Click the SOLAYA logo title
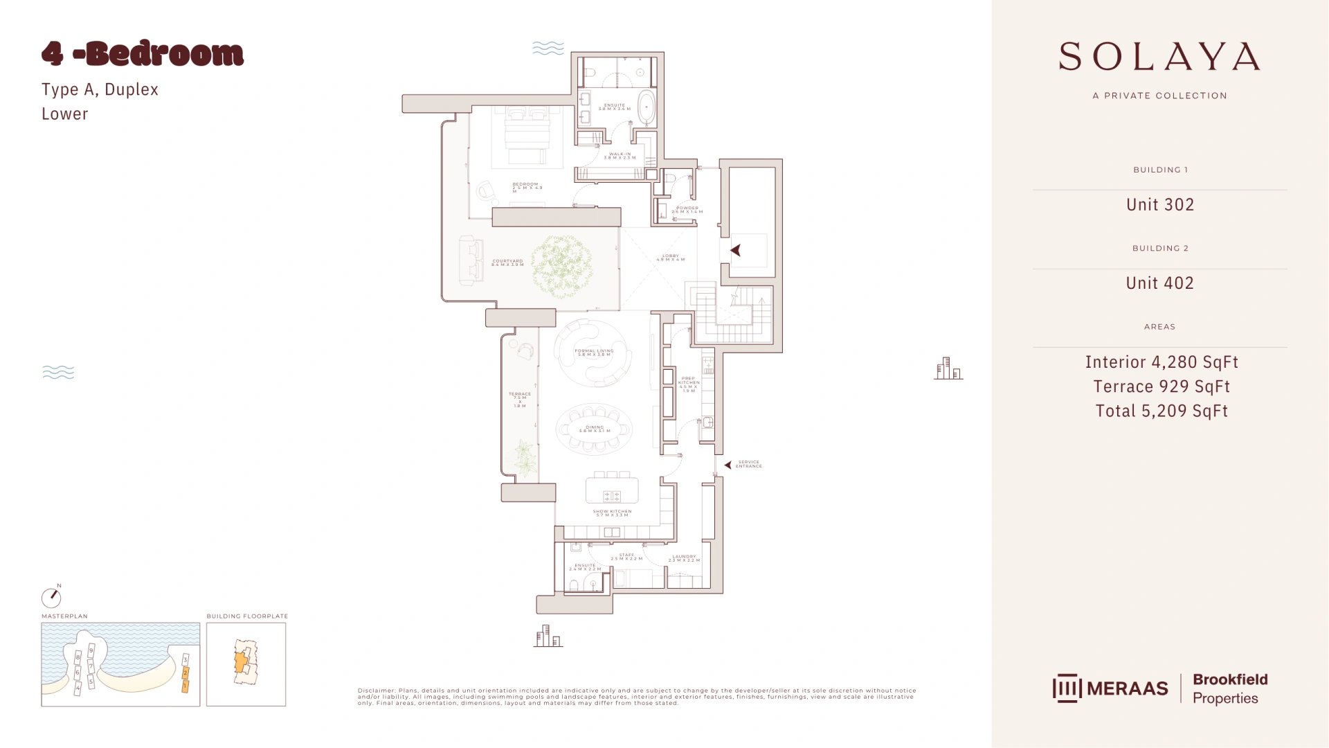point(1159,57)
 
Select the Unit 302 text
point(1159,204)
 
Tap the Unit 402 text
point(1159,283)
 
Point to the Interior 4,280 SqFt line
point(1161,362)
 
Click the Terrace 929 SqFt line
point(1161,386)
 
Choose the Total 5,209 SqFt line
point(1161,411)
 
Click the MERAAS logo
point(1110,688)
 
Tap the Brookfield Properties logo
point(1229,688)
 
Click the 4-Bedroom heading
point(143,54)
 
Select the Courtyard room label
point(507,262)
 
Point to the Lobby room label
point(670,257)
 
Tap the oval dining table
point(594,429)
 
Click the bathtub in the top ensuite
point(646,107)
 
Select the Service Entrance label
point(748,464)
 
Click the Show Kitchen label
point(612,513)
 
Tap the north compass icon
point(51,597)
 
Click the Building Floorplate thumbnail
point(246,664)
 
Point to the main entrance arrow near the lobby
point(736,251)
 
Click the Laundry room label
point(684,558)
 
